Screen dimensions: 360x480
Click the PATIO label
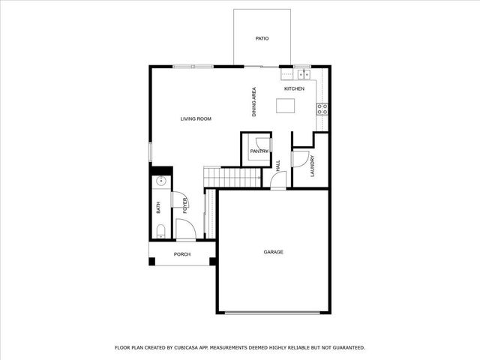pos(262,37)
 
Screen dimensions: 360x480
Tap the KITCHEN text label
pos(294,89)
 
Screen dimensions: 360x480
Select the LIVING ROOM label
pos(196,118)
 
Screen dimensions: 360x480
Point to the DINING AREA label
pos(254,102)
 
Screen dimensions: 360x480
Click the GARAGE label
pos(273,252)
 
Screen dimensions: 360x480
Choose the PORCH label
pos(181,254)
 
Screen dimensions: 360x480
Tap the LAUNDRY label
pos(312,166)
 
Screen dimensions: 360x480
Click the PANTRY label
pos(259,151)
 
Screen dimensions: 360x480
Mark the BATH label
pos(158,208)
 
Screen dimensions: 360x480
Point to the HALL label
pos(277,166)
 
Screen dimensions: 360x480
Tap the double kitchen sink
pos(303,74)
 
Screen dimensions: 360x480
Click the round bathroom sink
pos(160,181)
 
